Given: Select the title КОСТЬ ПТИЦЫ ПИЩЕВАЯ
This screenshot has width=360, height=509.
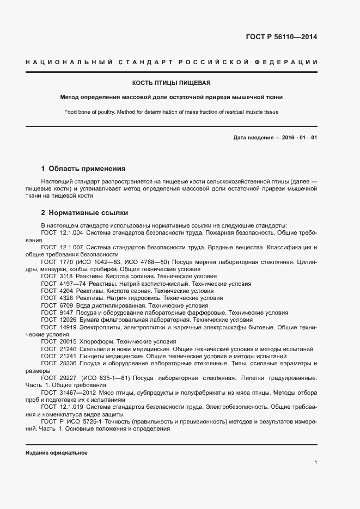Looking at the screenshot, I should click(x=172, y=83).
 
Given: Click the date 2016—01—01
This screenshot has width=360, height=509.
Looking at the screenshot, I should click(x=299, y=138).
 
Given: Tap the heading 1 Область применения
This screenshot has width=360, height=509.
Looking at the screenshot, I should click(x=83, y=169).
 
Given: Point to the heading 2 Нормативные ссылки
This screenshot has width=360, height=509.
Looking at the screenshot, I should click(x=84, y=212).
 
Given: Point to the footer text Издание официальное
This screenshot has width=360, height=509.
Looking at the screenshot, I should click(x=57, y=453).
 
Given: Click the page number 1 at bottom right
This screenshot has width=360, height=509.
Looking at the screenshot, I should click(x=316, y=463).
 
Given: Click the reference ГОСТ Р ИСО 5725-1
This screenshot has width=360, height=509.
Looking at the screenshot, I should click(x=70, y=420).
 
